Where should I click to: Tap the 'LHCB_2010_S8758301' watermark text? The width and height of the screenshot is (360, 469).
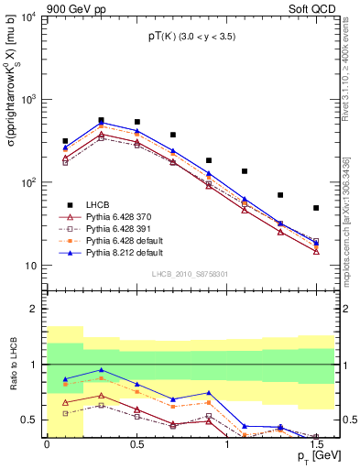coord(189,274)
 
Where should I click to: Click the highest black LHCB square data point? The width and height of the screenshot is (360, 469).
coord(101,120)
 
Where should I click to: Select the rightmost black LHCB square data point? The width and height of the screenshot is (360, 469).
coord(316,208)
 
